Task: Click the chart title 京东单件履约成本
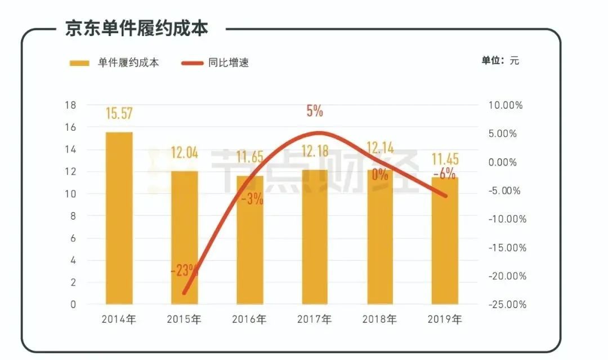[x=136, y=28]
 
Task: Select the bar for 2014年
[x=119, y=220]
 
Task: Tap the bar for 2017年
[x=315, y=237]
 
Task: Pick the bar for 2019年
[x=445, y=242]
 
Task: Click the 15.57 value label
[x=119, y=113]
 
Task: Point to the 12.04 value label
[x=184, y=153]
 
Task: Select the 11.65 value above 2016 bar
[x=249, y=157]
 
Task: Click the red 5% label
[x=315, y=110]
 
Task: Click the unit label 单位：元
[x=500, y=61]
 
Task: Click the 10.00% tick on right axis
[x=506, y=105]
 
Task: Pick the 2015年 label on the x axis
[x=184, y=320]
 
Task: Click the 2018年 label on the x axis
[x=379, y=320]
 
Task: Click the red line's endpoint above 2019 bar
[x=445, y=196]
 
